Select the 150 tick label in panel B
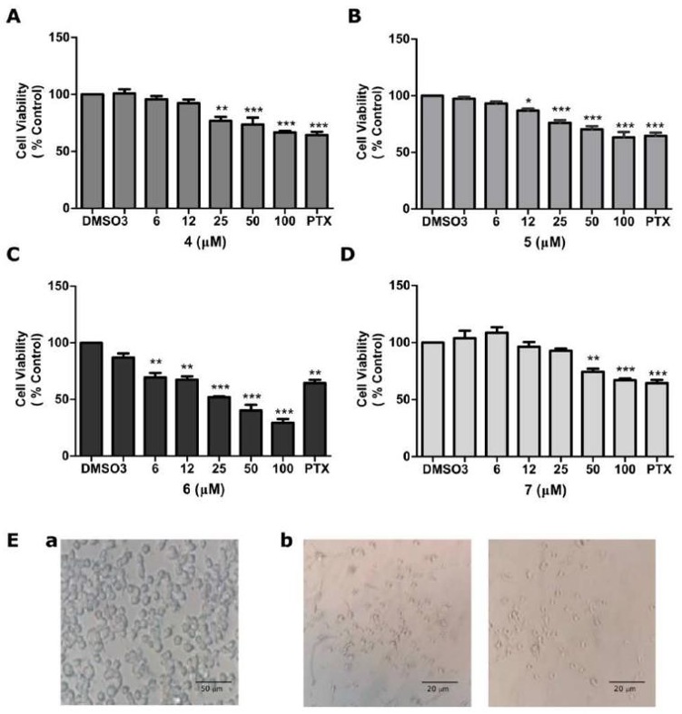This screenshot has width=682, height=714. click(x=397, y=38)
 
